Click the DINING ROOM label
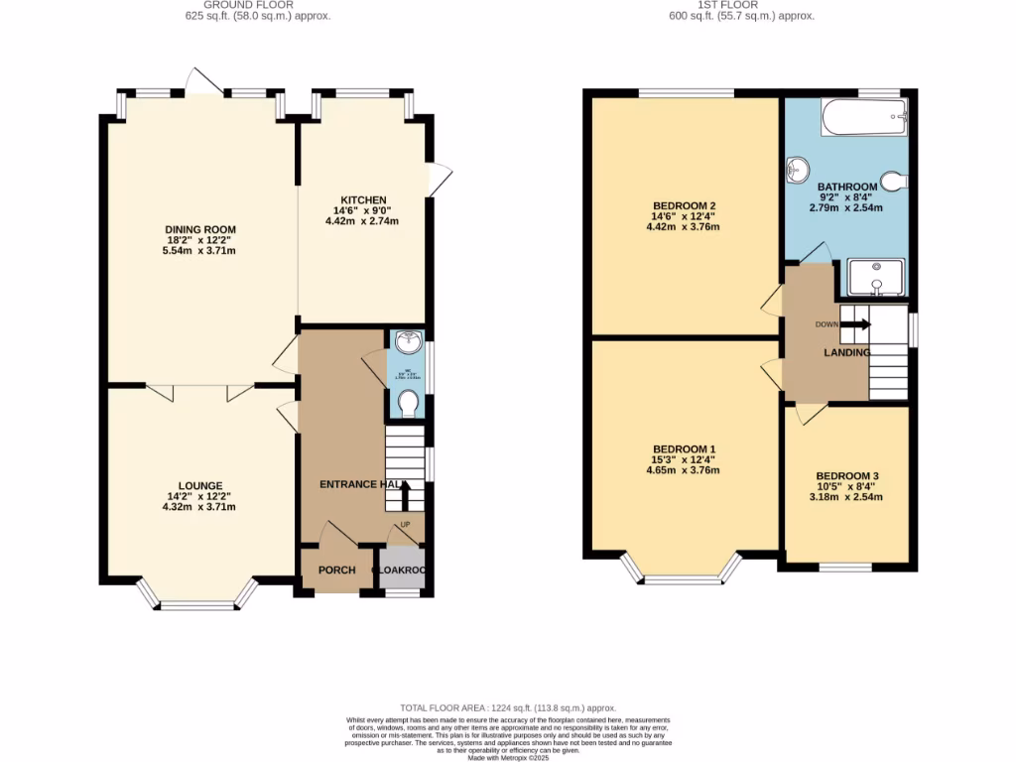200,230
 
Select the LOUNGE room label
200,485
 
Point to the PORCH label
336,571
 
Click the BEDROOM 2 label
684,206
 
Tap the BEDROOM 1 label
684,449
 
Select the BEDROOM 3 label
846,475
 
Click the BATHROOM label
846,187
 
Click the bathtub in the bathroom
864,119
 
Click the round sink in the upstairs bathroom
798,172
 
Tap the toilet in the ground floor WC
407,404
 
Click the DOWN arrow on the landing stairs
858,324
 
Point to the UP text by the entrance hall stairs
405,525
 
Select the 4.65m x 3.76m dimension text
684,470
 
